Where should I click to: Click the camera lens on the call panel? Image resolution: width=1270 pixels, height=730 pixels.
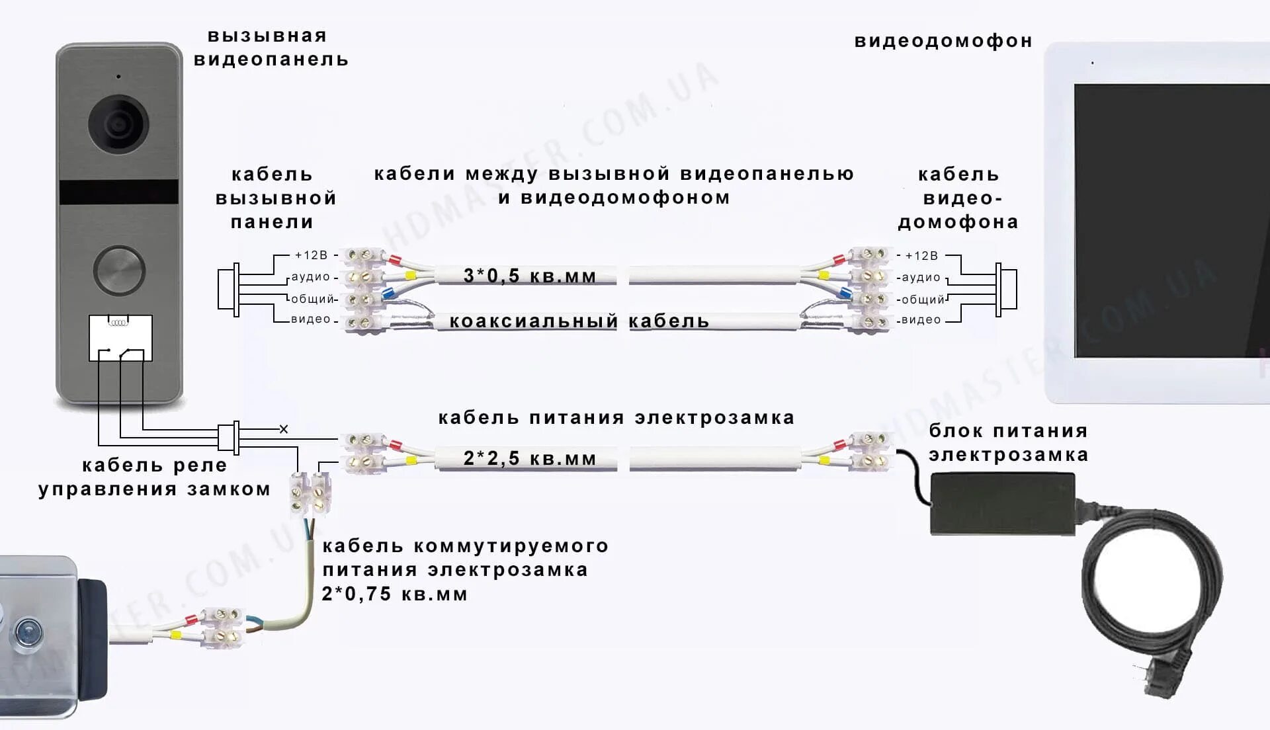118,124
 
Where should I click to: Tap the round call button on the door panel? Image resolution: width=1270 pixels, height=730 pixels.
119,270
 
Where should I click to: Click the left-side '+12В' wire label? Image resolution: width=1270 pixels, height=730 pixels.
311,255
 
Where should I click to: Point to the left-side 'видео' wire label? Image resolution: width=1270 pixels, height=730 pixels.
310,319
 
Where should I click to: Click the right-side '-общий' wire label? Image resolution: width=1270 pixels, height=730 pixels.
922,300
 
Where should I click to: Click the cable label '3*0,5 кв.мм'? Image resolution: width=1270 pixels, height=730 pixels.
530,276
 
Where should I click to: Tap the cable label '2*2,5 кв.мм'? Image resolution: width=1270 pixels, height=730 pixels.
530,458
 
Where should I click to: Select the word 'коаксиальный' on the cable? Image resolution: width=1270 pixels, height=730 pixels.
533,321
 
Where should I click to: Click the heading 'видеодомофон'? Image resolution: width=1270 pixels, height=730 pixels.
943,41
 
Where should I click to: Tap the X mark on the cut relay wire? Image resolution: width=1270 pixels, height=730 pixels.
284,429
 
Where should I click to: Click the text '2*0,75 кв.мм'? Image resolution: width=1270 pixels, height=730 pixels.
395,594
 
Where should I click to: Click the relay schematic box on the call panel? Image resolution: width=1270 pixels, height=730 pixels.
120,338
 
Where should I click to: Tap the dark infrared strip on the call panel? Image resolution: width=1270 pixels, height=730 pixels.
119,192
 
